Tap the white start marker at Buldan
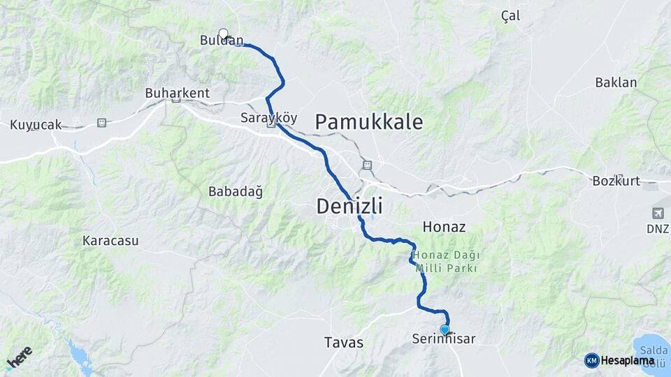[x=224, y=34]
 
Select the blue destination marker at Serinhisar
[x=445, y=330]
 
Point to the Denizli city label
[x=353, y=206]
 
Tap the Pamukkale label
[x=368, y=122]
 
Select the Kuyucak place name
[x=36, y=125]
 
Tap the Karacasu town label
[x=110, y=241]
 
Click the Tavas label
[x=344, y=342]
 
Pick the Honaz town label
[x=444, y=227]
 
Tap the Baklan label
[x=616, y=82]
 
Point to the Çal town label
[x=511, y=16]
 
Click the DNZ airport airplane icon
[x=657, y=213]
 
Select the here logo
[x=19, y=358]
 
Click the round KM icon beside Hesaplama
[x=591, y=360]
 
